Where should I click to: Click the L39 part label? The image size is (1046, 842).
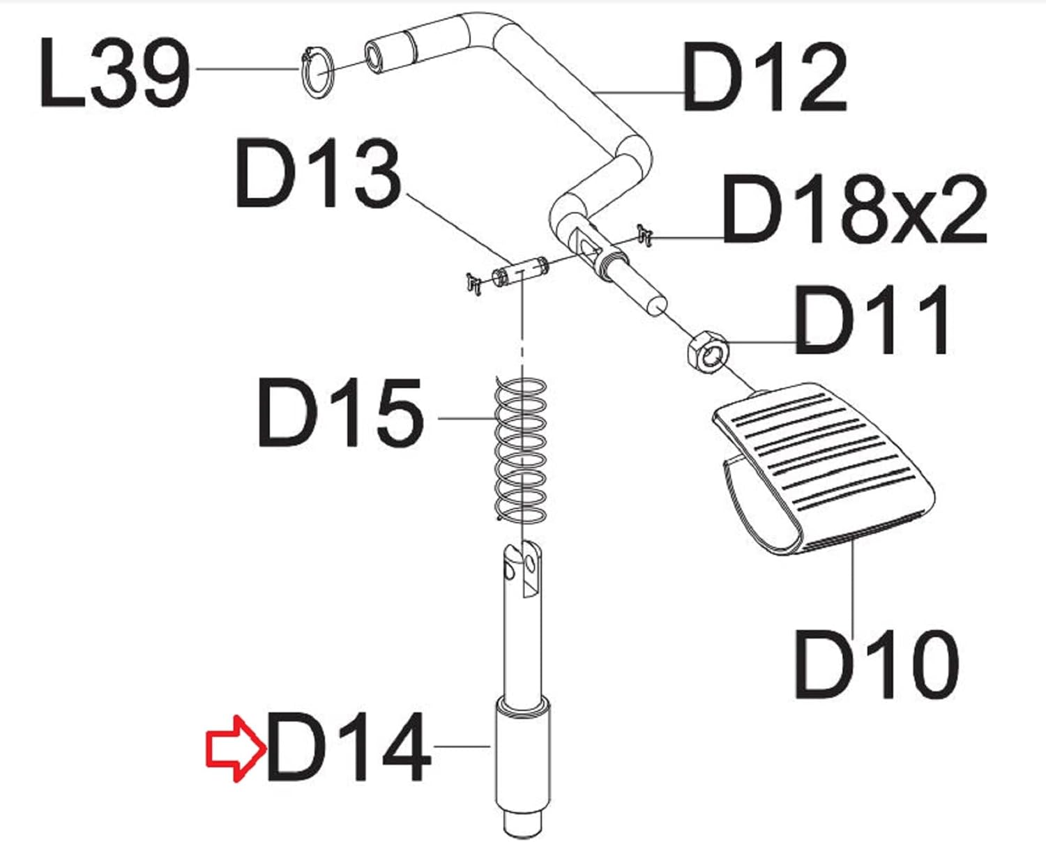[x=114, y=73]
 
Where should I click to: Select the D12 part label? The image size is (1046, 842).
[x=765, y=77]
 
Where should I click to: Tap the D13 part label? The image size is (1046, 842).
[x=319, y=173]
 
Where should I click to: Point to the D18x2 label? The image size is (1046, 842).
[x=855, y=209]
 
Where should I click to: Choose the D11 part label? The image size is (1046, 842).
[x=872, y=320]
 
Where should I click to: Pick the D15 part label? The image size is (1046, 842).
[x=340, y=412]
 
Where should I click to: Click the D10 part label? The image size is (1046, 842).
[x=877, y=664]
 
